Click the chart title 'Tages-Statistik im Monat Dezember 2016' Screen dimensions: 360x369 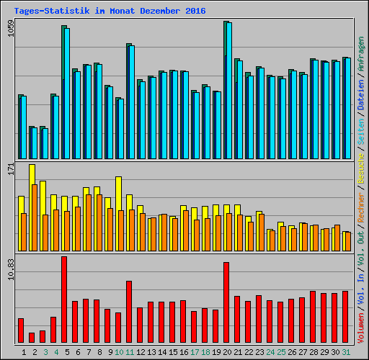(110, 11)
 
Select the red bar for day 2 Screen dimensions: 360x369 (32, 338)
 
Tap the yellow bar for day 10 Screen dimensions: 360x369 (118, 193)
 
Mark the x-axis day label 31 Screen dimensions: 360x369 (346, 352)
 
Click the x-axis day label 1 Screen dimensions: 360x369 (25, 352)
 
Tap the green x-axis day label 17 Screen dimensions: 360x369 (195, 352)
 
